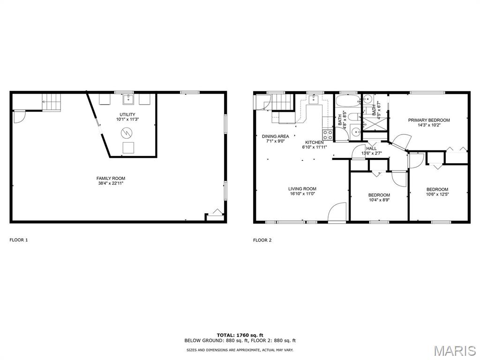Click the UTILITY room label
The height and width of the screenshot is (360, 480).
coord(127,114)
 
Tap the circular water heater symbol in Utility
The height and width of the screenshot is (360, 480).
coord(127,133)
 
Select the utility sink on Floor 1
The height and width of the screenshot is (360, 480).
coord(128,99)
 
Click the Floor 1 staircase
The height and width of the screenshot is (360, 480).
coord(52,101)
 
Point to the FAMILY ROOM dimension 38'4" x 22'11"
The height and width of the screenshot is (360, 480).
coord(111,183)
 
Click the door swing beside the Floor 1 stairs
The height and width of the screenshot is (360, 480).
coord(19,116)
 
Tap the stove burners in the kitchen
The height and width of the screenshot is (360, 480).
coord(328,135)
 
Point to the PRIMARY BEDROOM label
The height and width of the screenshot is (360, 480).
coord(428,120)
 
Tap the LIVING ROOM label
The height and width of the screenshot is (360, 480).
coord(302,189)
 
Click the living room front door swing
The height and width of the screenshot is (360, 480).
coord(337,212)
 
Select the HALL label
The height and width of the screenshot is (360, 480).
coord(371,148)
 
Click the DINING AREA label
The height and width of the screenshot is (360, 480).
coord(275,136)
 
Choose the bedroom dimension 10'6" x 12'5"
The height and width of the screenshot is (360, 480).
coord(437,194)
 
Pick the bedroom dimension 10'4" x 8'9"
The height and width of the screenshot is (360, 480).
coord(379,200)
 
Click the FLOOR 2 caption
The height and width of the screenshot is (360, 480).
coord(262,240)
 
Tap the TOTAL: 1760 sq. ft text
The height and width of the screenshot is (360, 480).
coord(240,335)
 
